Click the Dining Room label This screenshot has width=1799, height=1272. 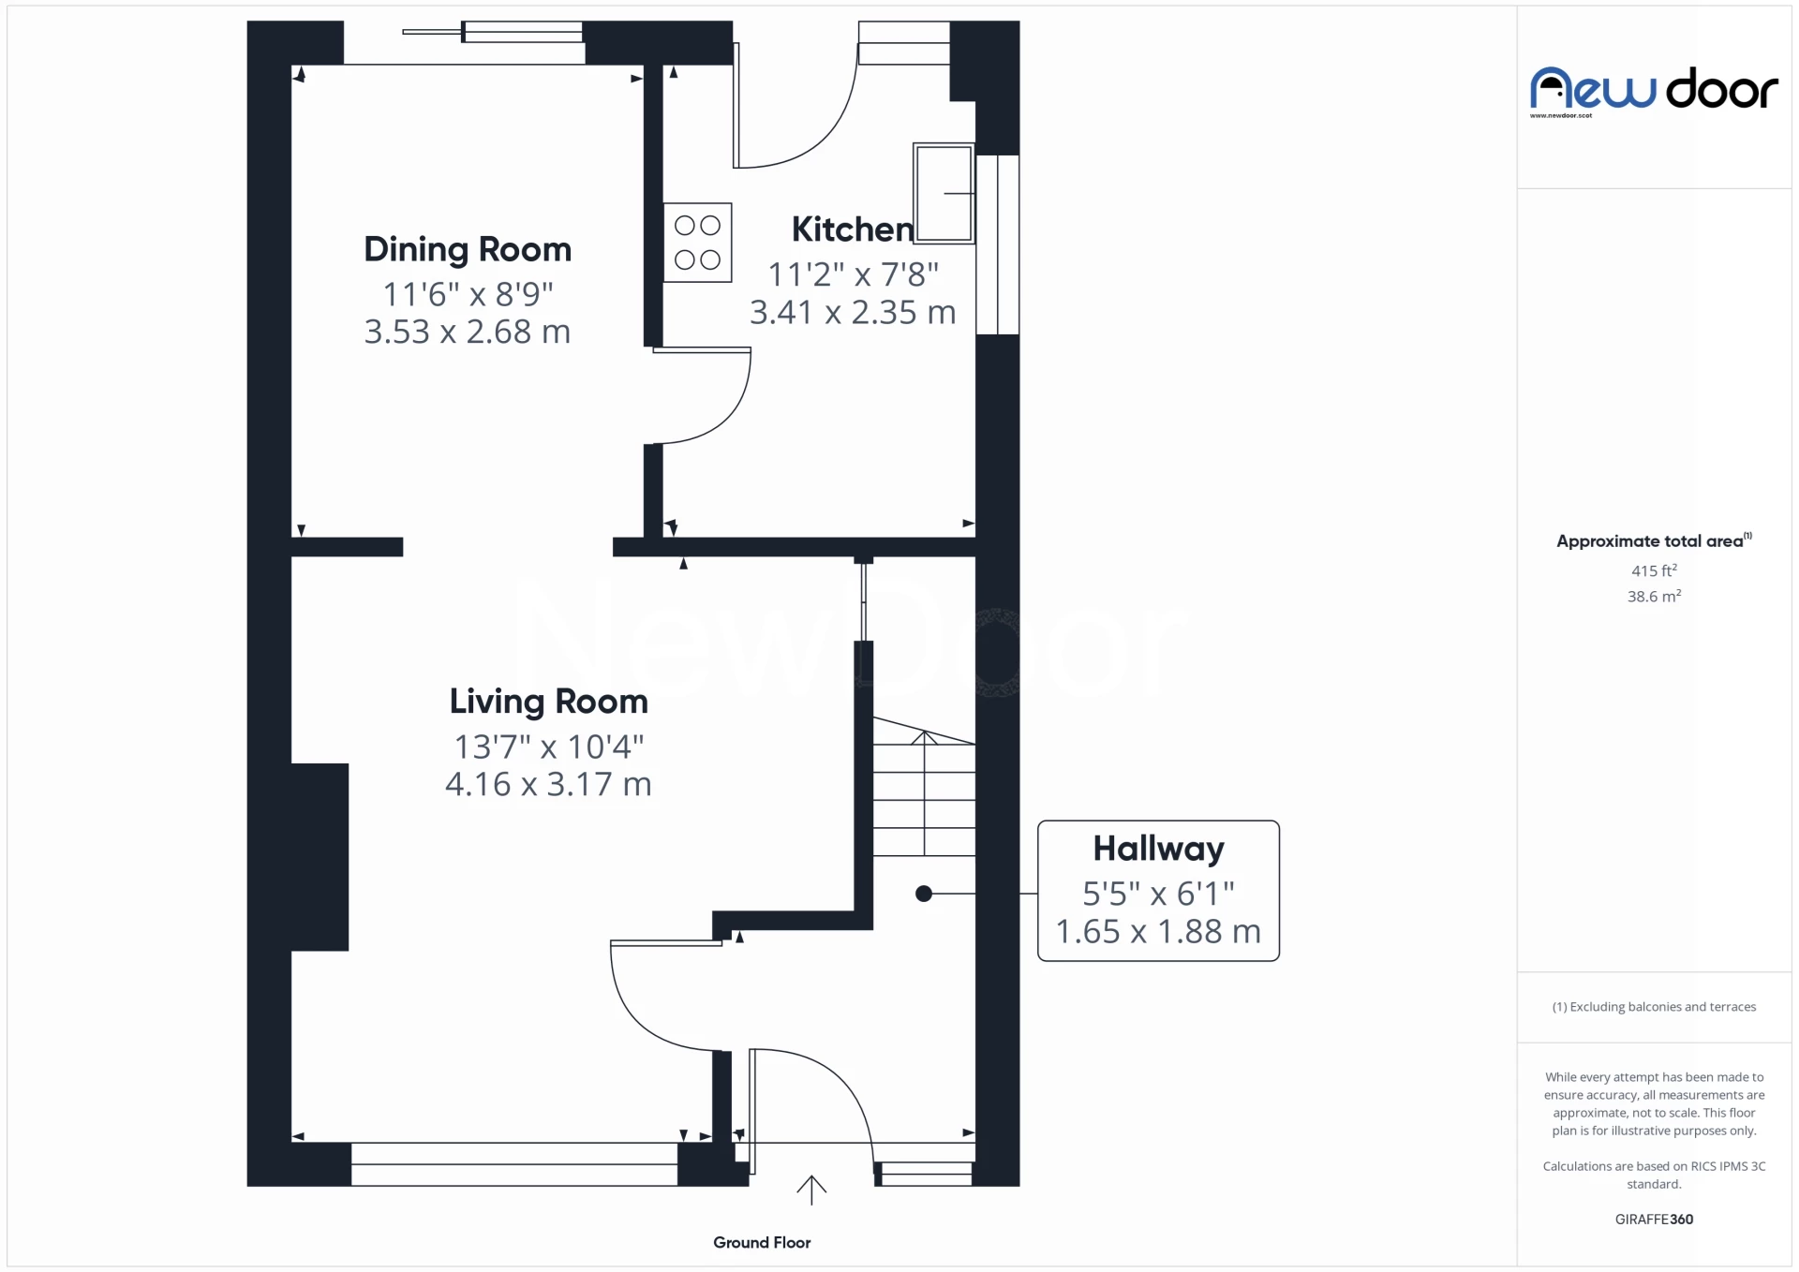coord(467,249)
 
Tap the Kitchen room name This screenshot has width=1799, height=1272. coord(851,229)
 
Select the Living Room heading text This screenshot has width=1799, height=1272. coord(548,702)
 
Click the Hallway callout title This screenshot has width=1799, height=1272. coord(1158,849)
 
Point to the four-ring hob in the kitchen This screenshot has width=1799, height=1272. coord(697,243)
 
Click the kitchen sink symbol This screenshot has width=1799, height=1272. coord(943,193)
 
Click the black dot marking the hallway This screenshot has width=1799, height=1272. coord(924,894)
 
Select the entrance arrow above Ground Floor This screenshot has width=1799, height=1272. coord(811,1190)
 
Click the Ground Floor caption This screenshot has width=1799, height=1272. coord(762,1243)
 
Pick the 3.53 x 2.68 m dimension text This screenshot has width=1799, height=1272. coord(467,332)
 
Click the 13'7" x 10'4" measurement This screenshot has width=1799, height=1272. coord(548,747)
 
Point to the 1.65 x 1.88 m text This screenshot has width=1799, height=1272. coord(1158,932)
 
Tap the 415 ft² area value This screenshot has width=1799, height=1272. coord(1654,570)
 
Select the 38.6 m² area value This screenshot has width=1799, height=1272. coord(1654,597)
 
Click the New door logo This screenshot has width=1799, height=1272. coord(1654,91)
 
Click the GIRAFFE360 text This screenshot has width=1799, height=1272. coord(1654,1220)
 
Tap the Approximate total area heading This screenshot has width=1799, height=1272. coord(1651,541)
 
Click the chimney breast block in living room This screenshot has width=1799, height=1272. coord(320,857)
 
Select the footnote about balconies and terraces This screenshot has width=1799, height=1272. coord(1654,1007)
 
